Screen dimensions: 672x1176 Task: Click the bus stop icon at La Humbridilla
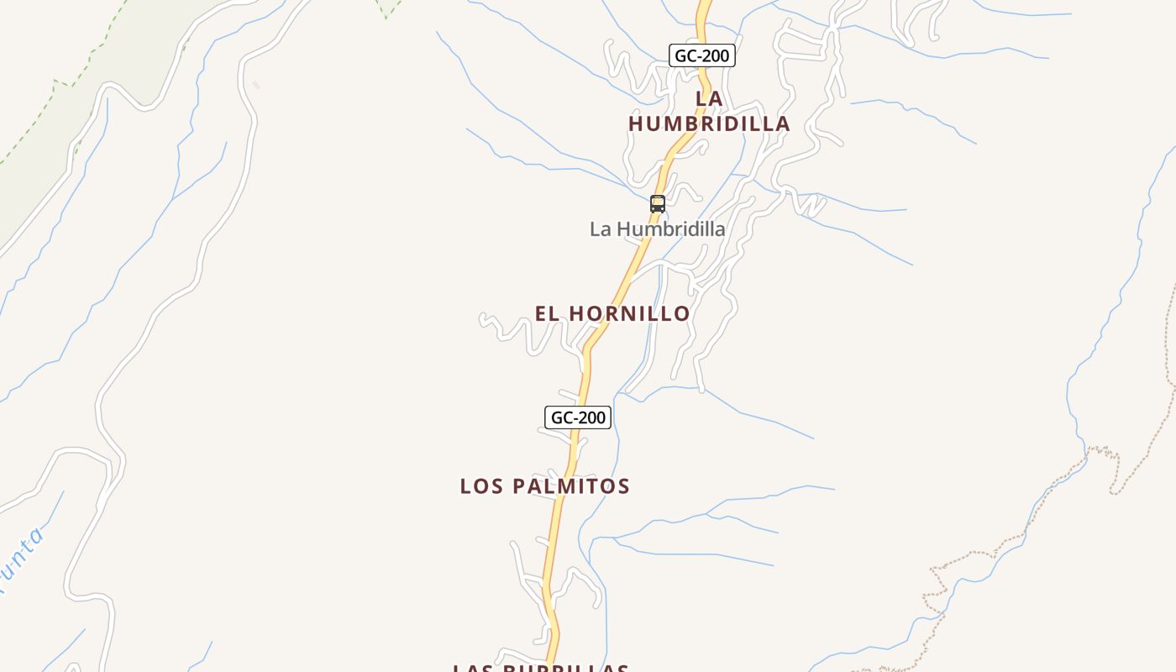(x=658, y=204)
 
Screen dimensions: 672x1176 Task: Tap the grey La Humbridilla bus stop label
(x=657, y=228)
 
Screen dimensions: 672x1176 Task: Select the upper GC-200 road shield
(x=702, y=56)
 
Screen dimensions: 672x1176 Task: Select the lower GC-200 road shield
(x=578, y=417)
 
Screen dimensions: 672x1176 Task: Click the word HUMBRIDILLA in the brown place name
(x=709, y=123)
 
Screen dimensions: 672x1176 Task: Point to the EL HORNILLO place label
(x=612, y=313)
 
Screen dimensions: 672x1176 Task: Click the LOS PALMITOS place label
(x=544, y=486)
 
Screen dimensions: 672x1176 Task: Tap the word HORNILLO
(x=629, y=313)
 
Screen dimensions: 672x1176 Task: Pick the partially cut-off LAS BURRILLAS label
(x=540, y=668)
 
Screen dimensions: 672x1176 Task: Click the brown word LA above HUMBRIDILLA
(x=709, y=99)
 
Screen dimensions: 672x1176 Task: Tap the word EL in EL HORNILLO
(x=548, y=313)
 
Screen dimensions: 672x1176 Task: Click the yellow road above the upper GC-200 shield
(x=703, y=17)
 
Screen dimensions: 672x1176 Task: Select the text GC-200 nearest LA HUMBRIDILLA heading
(x=702, y=56)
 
